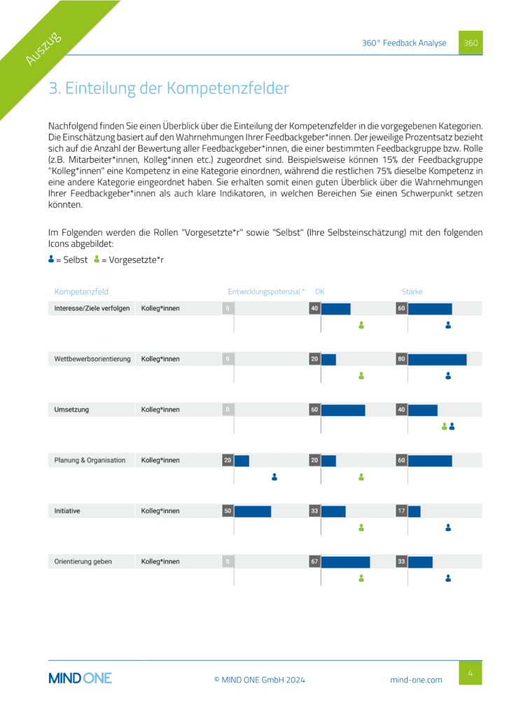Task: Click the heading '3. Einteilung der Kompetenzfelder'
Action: pos(168,89)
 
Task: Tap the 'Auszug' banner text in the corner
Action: pos(43,49)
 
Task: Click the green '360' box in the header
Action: pos(471,43)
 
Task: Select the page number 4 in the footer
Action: pos(471,673)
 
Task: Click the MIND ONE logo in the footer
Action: pos(80,678)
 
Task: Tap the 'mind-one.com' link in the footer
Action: pos(416,680)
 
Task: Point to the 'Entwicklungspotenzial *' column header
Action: pos(267,292)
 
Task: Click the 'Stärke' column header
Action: pos(412,292)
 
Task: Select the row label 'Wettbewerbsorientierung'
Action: pos(92,359)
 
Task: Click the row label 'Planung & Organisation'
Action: pos(90,460)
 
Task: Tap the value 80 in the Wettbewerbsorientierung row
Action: pos(402,359)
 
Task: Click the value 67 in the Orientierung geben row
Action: pos(315,561)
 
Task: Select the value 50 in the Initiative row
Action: pos(228,511)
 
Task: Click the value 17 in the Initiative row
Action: pos(402,511)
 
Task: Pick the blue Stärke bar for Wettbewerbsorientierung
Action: pos(437,359)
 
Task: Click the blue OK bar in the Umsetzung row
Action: pos(343,410)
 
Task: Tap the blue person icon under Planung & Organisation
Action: pos(275,477)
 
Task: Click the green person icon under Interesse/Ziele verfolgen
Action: pos(361,324)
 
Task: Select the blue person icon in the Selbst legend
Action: pos(51,259)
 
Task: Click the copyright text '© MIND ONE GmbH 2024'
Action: pos(259,680)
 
